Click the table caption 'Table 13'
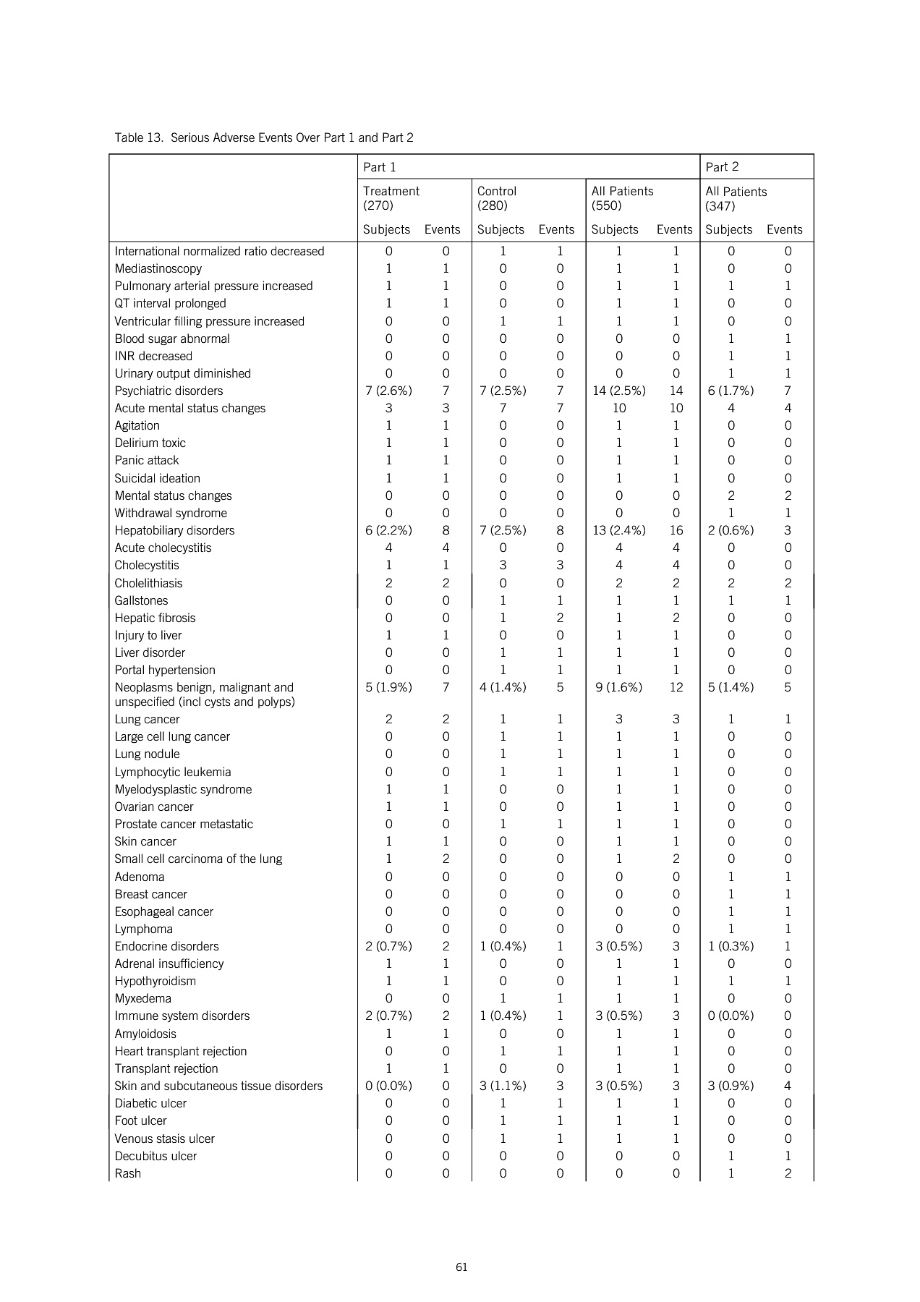coord(263,137)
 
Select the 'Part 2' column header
coord(722,167)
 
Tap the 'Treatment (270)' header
coord(391,198)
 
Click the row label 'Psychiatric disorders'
coord(169,391)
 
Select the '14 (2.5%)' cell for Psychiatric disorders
coord(618,391)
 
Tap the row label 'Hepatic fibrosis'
coord(155,618)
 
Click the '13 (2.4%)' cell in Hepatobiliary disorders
coord(618,530)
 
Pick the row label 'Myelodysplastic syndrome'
coord(183,789)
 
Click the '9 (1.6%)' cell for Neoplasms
coord(618,687)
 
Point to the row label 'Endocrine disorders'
coord(166,946)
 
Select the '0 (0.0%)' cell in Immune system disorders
coord(731,1016)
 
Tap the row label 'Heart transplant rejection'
coord(180,1051)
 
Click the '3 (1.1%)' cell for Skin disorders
coord(503,1086)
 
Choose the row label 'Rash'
coord(128,1173)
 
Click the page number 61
coord(461,1267)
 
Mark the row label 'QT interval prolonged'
coord(170,303)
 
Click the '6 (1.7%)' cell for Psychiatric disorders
coord(731,391)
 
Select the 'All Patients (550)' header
coord(622,198)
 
